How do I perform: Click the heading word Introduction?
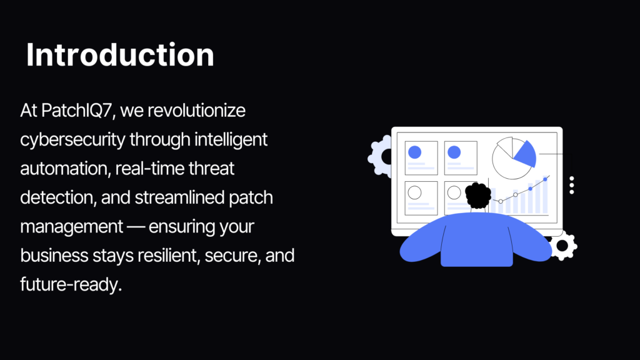coord(120,55)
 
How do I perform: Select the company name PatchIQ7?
coord(77,111)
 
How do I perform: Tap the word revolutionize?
coord(196,110)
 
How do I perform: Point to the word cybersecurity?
coord(72,140)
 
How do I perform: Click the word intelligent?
coord(231,139)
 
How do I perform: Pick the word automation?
coord(65,169)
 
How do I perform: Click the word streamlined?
coord(179,197)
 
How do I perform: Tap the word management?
coord(72,227)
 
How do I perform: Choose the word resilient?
coord(168,256)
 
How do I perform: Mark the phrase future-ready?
coord(71,285)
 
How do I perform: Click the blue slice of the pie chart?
coord(526,154)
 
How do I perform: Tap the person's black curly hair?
coord(478,195)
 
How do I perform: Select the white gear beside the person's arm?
coord(563,245)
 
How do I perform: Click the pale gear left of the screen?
coord(379,156)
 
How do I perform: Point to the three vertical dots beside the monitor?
coord(572,185)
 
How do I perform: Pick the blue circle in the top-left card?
coord(415,152)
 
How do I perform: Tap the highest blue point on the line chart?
coord(545,179)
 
